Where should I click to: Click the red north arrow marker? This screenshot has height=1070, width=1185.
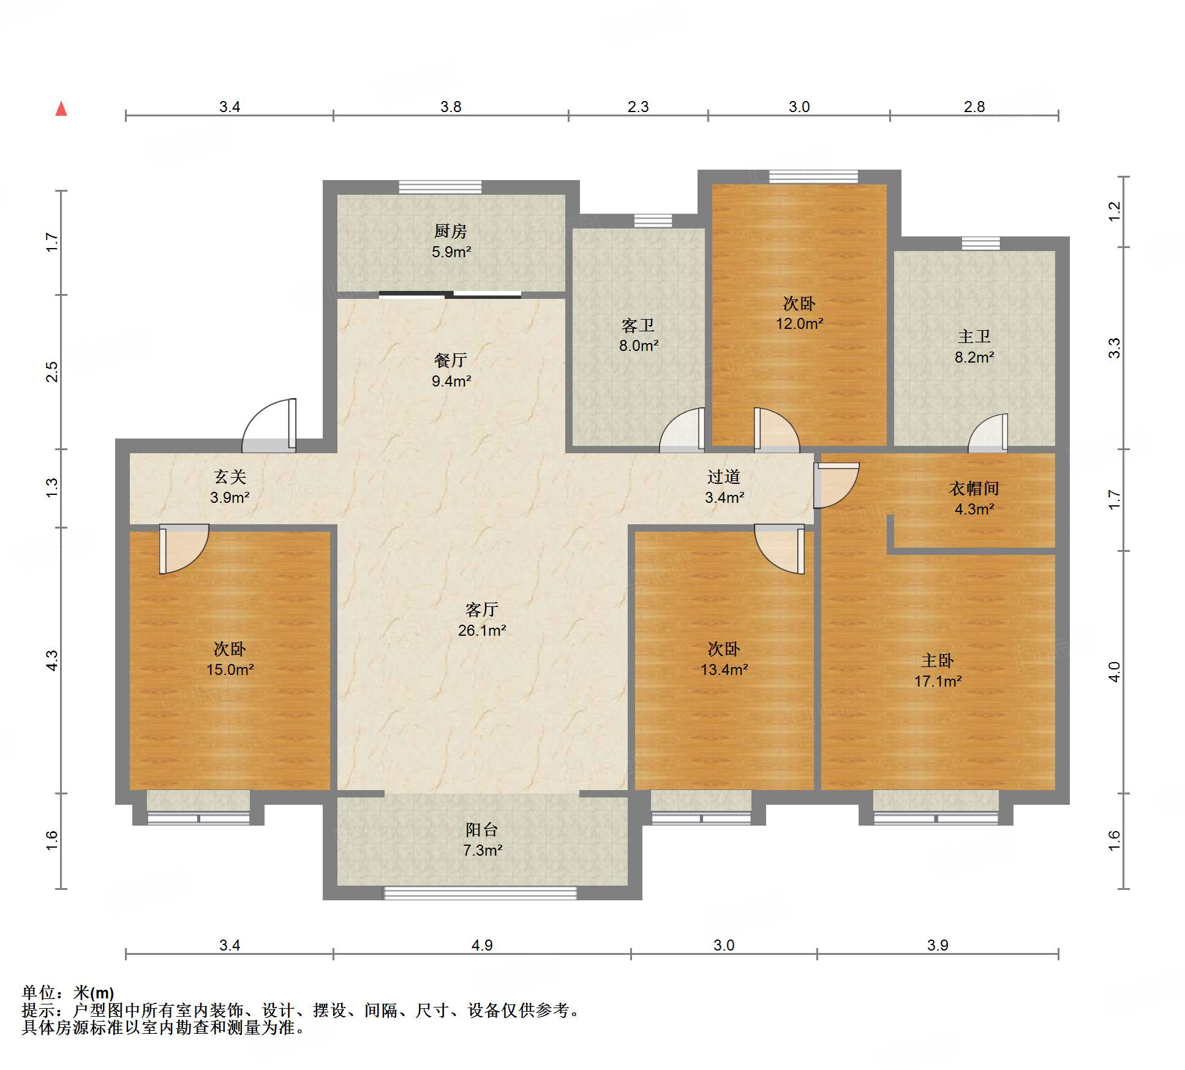click(x=61, y=108)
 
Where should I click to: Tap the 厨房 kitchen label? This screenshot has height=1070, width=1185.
click(x=451, y=231)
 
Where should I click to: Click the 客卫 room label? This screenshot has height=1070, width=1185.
click(x=638, y=325)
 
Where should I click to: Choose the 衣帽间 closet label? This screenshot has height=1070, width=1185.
click(x=974, y=488)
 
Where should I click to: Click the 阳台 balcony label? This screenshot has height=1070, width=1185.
click(x=482, y=829)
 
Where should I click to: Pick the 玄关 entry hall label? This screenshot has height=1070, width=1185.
click(x=230, y=477)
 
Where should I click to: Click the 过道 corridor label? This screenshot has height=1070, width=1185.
click(x=724, y=477)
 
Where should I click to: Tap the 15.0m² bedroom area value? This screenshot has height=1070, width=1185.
click(x=230, y=669)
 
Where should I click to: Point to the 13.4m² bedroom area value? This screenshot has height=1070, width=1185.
click(x=724, y=669)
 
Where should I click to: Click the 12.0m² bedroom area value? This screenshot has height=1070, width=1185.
click(x=799, y=323)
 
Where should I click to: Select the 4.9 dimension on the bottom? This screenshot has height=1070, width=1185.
click(x=482, y=945)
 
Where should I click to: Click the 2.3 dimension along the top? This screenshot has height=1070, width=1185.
click(x=638, y=107)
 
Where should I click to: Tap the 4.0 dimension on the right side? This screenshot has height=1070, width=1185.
click(x=1114, y=672)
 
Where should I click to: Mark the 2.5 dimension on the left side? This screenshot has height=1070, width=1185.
click(x=52, y=372)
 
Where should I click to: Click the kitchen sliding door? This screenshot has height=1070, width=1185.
click(x=450, y=295)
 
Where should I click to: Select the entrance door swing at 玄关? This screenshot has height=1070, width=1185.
click(x=269, y=426)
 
